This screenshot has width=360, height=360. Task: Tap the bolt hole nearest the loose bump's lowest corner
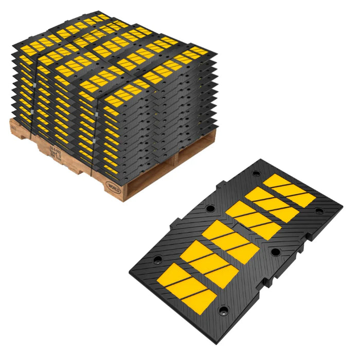point(224,311)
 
